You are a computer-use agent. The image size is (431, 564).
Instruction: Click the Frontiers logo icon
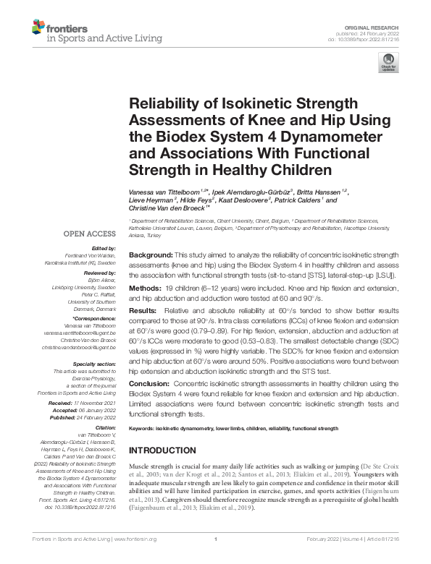(x=38, y=29)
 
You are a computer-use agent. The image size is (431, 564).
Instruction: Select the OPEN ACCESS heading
(x=90, y=234)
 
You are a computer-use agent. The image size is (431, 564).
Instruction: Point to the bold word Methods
(x=145, y=288)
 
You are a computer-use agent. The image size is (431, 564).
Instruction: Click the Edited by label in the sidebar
(x=103, y=248)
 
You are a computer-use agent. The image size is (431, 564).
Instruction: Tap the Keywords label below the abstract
(x=144, y=429)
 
